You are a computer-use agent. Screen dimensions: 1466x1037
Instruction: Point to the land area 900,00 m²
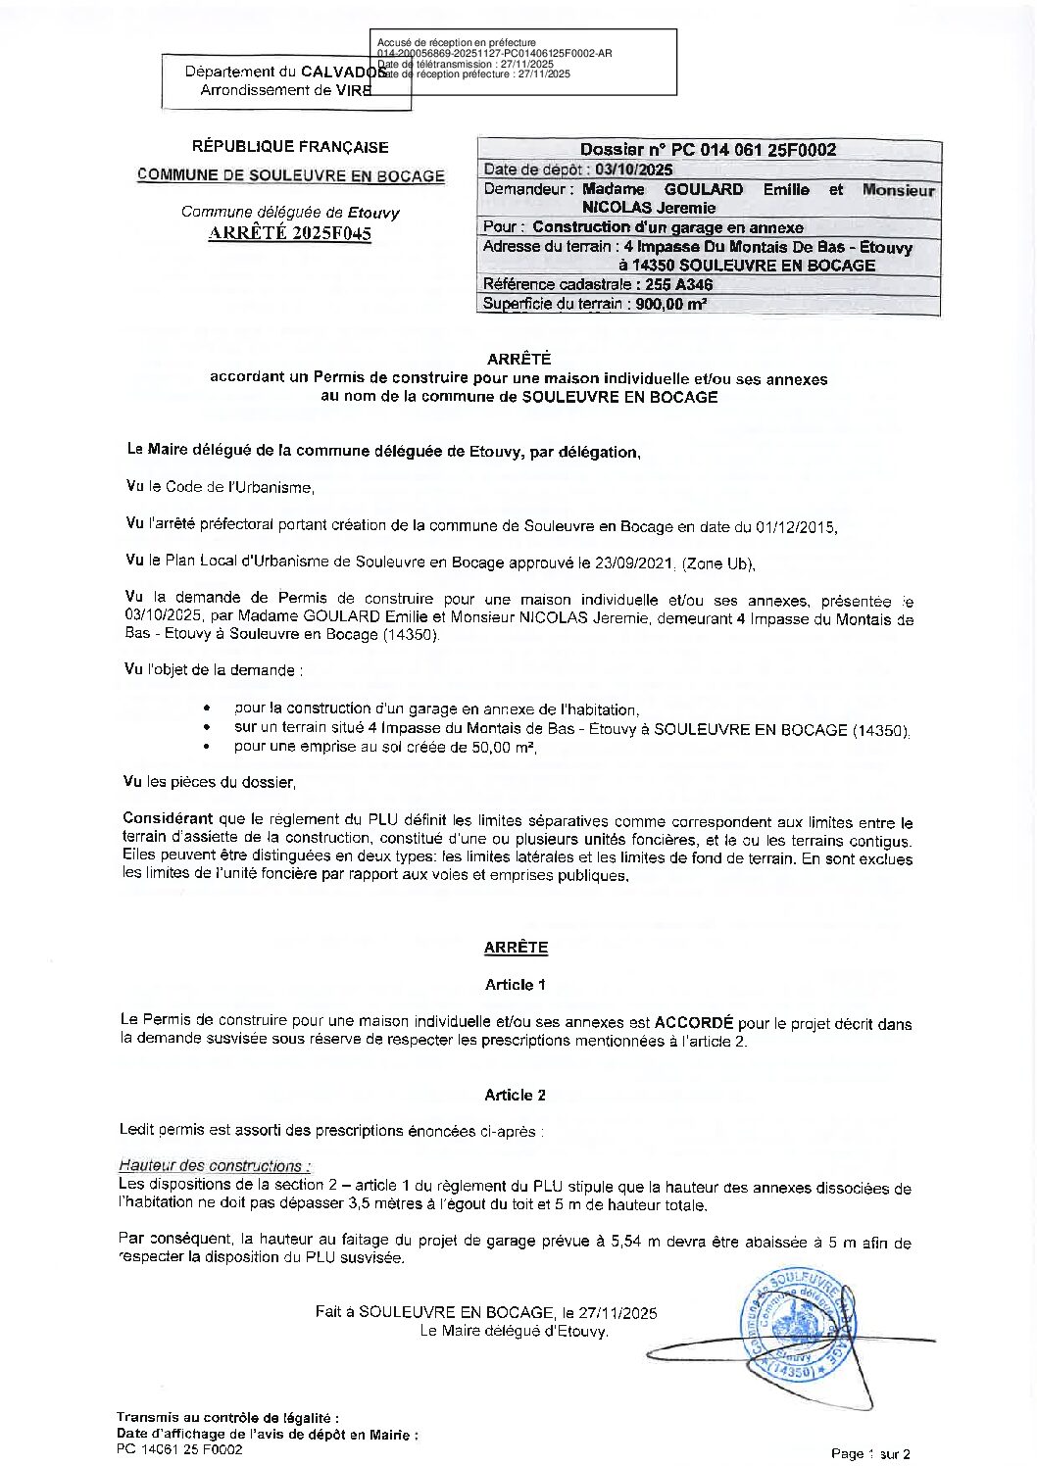(x=671, y=304)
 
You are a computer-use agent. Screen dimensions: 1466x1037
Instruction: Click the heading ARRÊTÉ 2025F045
(x=290, y=233)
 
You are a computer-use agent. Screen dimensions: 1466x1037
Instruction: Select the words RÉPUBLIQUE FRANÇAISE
(x=290, y=147)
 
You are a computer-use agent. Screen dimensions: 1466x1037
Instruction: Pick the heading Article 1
(x=515, y=984)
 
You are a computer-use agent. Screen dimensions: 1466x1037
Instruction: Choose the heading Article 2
(x=515, y=1095)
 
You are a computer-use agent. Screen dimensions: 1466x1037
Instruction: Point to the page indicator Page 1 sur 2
(x=870, y=1453)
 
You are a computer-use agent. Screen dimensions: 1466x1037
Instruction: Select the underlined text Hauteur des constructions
(x=214, y=1165)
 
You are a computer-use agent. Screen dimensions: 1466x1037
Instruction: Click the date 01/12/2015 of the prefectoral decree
(x=796, y=526)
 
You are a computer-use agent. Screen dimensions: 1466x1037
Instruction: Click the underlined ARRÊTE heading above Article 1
(x=516, y=948)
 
